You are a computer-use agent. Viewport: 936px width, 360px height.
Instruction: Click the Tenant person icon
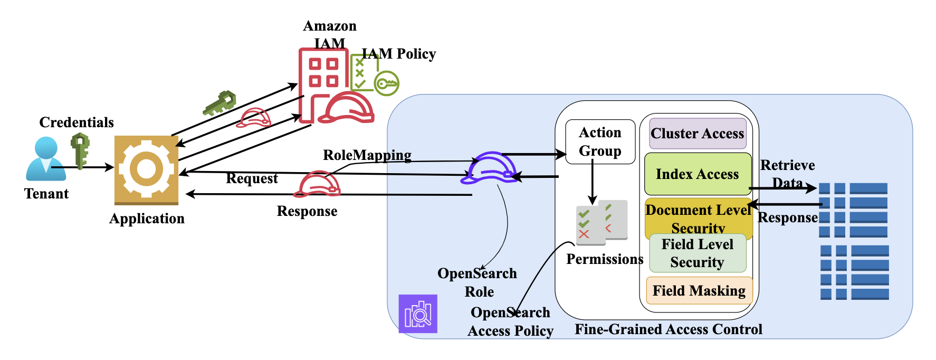click(x=45, y=158)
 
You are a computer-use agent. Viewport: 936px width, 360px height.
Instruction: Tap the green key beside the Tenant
click(x=80, y=150)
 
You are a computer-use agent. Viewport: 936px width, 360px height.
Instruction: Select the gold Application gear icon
click(x=146, y=169)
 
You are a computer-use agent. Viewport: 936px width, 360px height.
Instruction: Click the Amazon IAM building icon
click(x=323, y=84)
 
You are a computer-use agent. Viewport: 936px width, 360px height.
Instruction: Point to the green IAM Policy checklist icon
click(x=364, y=73)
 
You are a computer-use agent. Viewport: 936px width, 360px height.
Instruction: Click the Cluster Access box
click(x=697, y=134)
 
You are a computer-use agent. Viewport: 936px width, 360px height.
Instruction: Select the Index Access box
click(x=697, y=174)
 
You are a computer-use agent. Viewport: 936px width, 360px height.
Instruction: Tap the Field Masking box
click(x=699, y=291)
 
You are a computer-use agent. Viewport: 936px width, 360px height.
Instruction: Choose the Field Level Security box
click(x=697, y=253)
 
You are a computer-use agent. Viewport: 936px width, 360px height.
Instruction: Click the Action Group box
click(x=600, y=141)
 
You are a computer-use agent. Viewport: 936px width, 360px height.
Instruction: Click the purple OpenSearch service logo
click(x=418, y=314)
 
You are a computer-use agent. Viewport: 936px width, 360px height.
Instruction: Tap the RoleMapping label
click(x=367, y=155)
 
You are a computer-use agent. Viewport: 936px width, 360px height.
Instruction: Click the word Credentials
click(x=77, y=122)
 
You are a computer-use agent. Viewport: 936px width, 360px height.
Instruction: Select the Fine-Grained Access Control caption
click(x=668, y=329)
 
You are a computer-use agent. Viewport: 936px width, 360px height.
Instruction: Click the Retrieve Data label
click(x=787, y=174)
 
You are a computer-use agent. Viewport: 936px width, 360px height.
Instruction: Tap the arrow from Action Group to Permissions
click(x=593, y=182)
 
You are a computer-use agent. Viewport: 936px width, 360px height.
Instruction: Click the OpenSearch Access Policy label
click(x=510, y=321)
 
